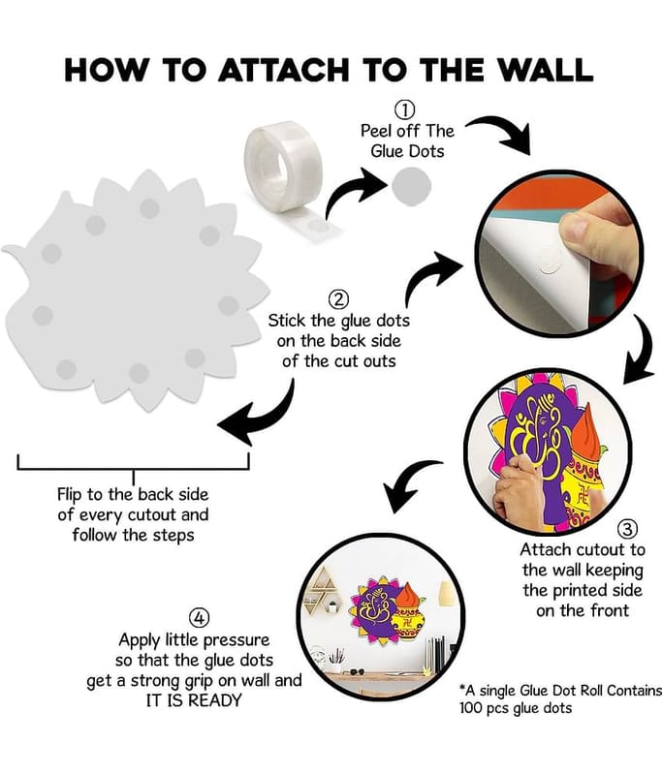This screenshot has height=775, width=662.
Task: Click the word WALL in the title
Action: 545,70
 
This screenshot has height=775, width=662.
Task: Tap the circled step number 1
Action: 404,109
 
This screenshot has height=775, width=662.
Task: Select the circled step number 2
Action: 338,299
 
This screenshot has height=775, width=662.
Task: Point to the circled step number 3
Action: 627,529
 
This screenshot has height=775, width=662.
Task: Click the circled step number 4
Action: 199,618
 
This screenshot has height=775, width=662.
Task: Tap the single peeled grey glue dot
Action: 411,186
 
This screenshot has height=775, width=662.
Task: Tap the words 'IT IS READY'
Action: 194,700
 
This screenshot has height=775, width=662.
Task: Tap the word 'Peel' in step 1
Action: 375,131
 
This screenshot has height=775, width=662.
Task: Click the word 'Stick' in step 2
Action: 287,321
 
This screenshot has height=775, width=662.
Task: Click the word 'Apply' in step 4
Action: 140,641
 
